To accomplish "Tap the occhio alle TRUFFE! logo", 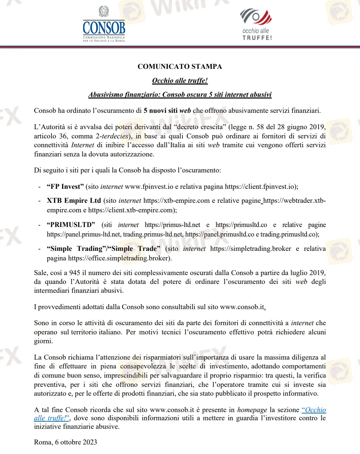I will click(256, 25).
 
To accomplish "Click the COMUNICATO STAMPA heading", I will click(180, 66).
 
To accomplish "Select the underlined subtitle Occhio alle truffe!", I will click(180, 80).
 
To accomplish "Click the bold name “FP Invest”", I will click(65, 186).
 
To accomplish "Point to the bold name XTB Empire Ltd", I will click(74, 200).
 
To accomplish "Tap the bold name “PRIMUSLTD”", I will click(71, 225).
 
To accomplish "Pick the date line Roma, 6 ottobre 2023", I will click(65, 442).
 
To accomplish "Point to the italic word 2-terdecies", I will click(112, 136).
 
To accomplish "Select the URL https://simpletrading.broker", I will click(251, 248).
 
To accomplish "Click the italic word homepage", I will click(252, 410).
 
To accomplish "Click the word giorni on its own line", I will click(43, 341).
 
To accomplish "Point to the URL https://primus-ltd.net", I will click(172, 225).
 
